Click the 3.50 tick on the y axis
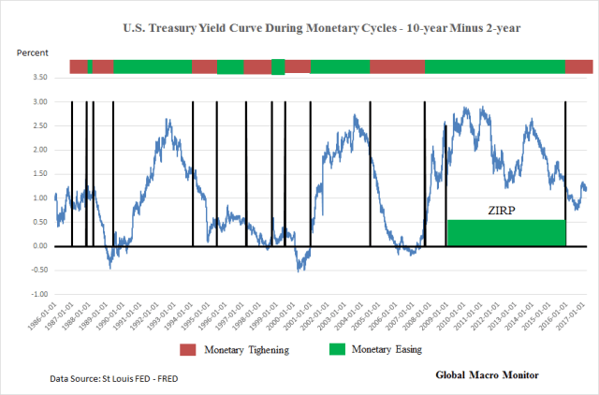(38, 77)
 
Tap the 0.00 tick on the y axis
(38, 246)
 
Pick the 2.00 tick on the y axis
(38, 150)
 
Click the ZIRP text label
(505, 212)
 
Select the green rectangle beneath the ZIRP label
(505, 232)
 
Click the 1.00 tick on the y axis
(38, 197)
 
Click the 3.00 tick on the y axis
(38, 101)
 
